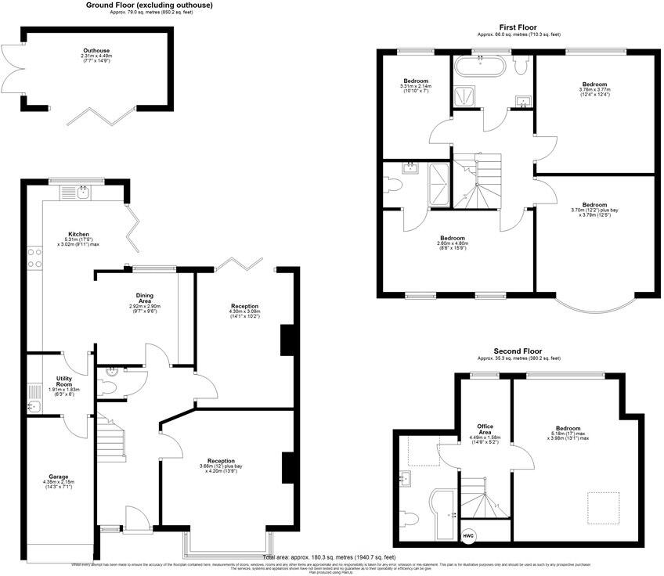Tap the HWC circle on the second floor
coord(468,536)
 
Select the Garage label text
coord(58,477)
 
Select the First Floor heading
coord(518,27)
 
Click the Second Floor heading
coord(518,351)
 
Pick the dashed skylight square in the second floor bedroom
coord(604,506)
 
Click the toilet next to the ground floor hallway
coord(109,385)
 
